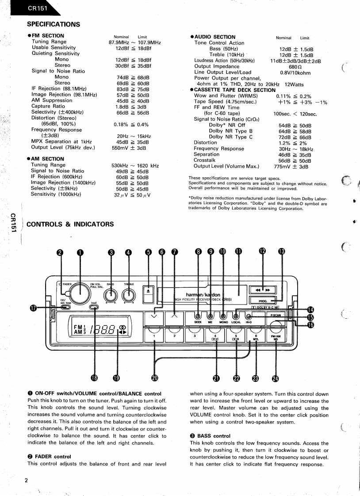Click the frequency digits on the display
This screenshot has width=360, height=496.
(x=103, y=329)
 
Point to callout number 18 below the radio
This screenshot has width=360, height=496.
(x=94, y=378)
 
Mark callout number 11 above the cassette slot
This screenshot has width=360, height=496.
(x=238, y=252)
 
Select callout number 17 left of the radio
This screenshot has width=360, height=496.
(x=32, y=308)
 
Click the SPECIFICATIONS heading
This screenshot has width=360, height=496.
(x=53, y=24)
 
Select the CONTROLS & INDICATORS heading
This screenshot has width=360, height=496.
(x=70, y=224)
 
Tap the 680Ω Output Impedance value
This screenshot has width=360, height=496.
(x=291, y=67)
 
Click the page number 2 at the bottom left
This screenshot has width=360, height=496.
(x=26, y=481)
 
